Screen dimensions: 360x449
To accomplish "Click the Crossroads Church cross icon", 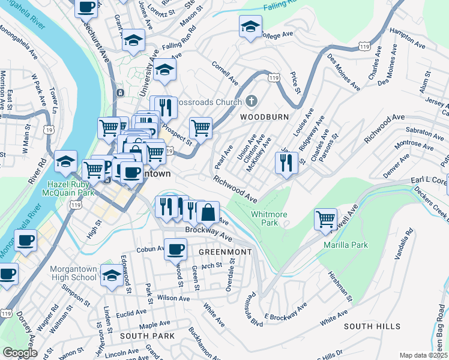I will coord(252,101).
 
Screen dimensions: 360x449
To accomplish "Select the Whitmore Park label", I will coord(265,218).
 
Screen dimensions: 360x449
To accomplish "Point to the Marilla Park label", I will coord(345,245).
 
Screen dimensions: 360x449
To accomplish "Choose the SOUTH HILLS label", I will coord(372,326).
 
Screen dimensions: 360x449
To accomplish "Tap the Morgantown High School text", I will coord(73,273).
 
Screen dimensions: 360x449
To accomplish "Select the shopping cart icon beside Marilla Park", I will coord(325,219).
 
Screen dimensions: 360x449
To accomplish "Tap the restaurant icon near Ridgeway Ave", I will coord(286,161).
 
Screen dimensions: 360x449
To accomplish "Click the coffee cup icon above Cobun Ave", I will coord(175,248).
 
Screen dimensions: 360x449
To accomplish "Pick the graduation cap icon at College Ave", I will coord(250,26).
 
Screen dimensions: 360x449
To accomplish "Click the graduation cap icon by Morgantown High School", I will coord(111,275).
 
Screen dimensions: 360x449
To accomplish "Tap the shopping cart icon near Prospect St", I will coord(200,127).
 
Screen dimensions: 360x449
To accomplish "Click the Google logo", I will coord(20,353).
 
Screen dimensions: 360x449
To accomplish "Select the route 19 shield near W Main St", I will coord(48,130).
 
